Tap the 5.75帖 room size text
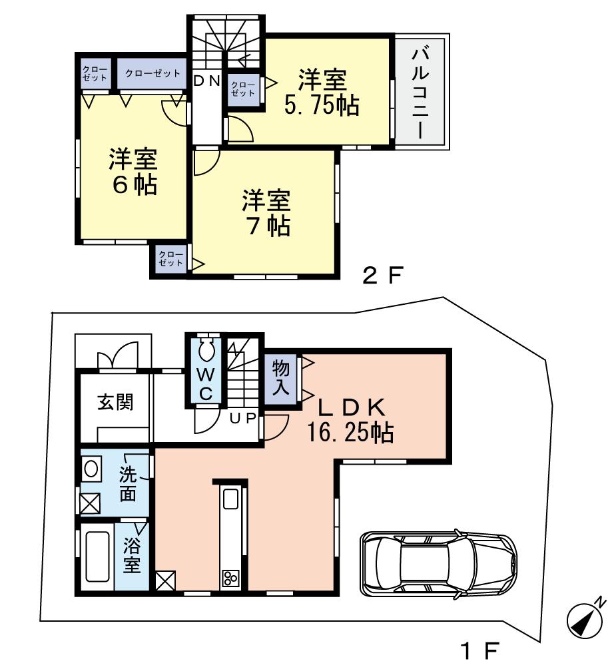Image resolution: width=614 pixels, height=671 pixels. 322,105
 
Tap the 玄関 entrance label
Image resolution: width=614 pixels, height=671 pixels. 115,403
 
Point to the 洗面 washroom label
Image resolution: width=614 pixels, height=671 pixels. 129,484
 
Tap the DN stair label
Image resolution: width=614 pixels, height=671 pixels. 206,81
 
